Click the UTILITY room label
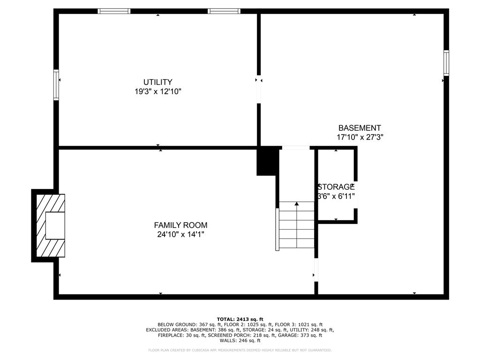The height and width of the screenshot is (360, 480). [x=157, y=82]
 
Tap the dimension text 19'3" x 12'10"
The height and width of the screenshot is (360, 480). [x=157, y=92]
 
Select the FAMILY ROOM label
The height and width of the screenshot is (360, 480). [x=180, y=225]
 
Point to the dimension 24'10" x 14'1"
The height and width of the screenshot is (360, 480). [x=180, y=234]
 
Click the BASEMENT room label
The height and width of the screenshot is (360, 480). [x=360, y=128]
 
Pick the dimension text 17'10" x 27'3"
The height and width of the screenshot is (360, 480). [x=360, y=137]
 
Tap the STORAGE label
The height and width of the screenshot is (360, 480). [x=336, y=187]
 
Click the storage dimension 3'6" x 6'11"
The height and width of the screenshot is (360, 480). [x=336, y=196]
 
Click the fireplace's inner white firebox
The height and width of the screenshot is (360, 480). [x=55, y=225]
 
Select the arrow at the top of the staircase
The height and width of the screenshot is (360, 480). [x=297, y=204]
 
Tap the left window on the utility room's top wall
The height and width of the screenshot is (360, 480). [x=114, y=11]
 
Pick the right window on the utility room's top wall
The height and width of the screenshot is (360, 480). [x=224, y=11]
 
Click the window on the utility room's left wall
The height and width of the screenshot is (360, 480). [x=56, y=85]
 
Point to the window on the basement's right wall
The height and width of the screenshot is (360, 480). [x=446, y=63]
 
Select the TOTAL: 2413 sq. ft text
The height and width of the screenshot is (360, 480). [x=240, y=319]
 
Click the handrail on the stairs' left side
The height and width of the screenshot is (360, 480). [x=277, y=229]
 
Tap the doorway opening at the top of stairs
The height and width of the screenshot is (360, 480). [x=295, y=148]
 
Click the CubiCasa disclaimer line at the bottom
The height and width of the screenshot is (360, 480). [x=240, y=350]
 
